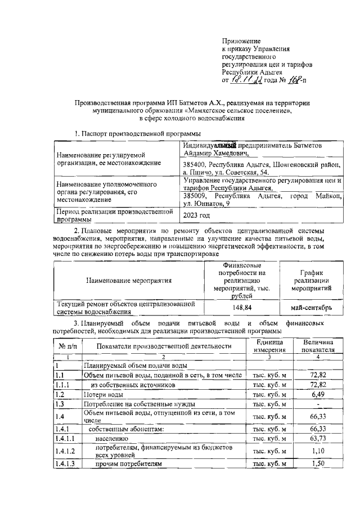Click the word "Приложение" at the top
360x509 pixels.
click(x=241, y=41)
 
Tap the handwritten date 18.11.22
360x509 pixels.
click(x=249, y=80)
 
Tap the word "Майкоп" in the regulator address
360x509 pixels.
click(x=326, y=195)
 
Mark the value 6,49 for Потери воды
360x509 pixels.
click(x=318, y=394)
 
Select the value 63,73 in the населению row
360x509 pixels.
click(x=318, y=438)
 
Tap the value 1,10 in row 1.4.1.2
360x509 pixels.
click(x=318, y=451)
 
